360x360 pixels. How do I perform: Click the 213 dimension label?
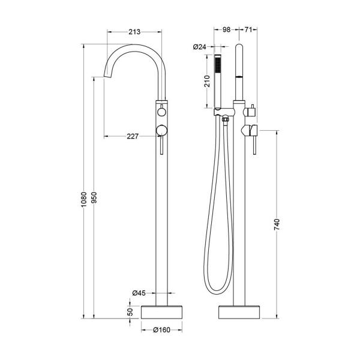click(x=134, y=32)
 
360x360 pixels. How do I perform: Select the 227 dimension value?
click(x=133, y=137)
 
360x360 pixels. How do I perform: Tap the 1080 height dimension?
click(x=84, y=199)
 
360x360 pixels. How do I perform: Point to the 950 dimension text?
click(x=94, y=197)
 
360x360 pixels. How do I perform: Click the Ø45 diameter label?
click(x=139, y=293)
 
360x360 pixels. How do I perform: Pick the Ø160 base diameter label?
click(x=161, y=330)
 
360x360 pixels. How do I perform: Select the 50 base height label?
click(x=130, y=312)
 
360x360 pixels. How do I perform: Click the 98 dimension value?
click(x=226, y=29)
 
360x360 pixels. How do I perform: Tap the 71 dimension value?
click(x=248, y=29)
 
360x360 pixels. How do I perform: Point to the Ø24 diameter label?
click(x=200, y=47)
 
